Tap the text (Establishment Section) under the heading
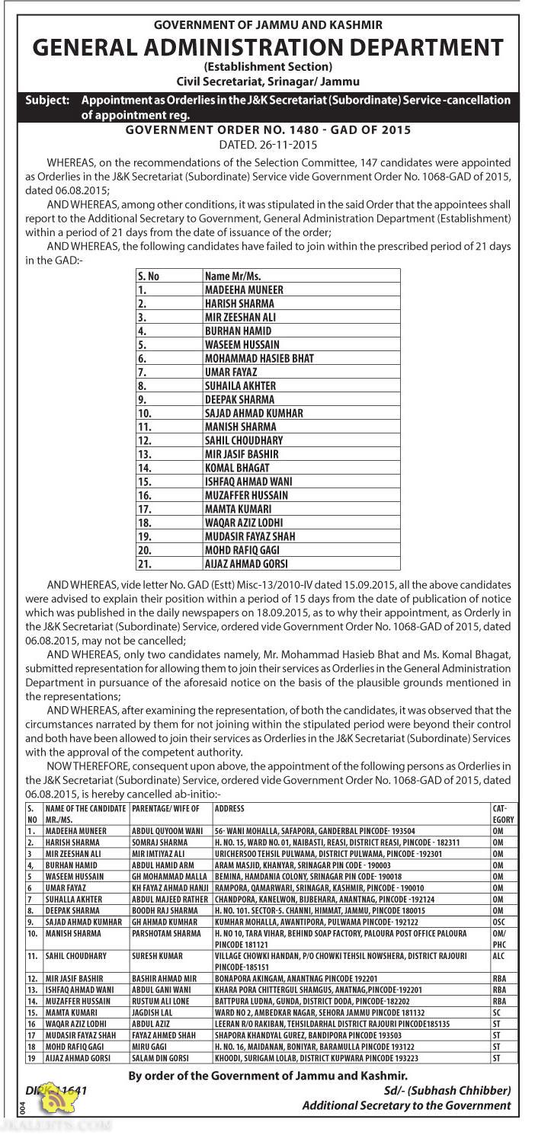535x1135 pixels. coord(267,67)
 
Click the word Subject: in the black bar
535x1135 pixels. coord(47,101)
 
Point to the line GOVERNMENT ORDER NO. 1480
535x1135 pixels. coord(267,130)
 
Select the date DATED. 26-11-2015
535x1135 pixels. coord(267,144)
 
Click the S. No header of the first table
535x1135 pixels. coord(149,277)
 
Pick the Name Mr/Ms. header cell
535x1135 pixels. coord(232,277)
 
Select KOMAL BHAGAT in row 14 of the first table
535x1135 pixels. coord(237,468)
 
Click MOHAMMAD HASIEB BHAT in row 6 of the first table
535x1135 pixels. coord(259,358)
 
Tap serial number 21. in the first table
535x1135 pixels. coord(146,564)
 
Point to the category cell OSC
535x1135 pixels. coord(499,922)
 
